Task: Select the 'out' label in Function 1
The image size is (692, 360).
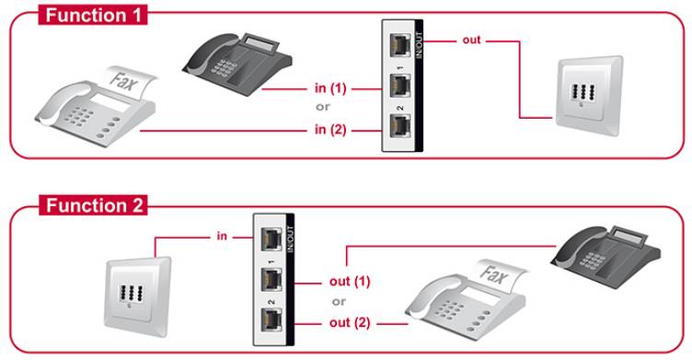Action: click(x=469, y=41)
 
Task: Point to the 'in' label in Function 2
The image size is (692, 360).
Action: click(x=222, y=237)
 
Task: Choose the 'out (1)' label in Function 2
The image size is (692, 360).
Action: click(x=350, y=281)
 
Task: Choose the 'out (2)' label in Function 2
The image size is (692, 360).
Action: click(x=350, y=323)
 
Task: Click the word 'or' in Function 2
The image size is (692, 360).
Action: click(x=340, y=302)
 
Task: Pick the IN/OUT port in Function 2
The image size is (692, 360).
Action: click(x=273, y=236)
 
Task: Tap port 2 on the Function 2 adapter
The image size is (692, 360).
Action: click(x=273, y=320)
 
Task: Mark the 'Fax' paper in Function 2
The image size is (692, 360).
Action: click(x=499, y=273)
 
